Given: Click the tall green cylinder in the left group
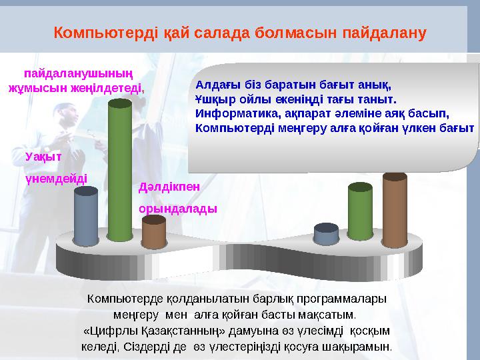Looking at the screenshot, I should pyautogui.click(x=120, y=170).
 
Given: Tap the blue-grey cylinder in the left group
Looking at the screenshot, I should pyautogui.click(x=86, y=215).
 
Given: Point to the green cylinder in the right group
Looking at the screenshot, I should pyautogui.click(x=360, y=211).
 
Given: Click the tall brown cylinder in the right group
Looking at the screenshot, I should pyautogui.click(x=395, y=208).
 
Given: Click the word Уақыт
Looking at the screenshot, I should pyautogui.click(x=43, y=156).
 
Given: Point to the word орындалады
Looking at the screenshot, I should pyautogui.click(x=177, y=209).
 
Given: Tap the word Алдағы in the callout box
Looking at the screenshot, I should pyautogui.click(x=215, y=85).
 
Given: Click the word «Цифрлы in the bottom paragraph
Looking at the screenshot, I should pyautogui.click(x=107, y=331).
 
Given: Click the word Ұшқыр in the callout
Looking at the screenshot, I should pyautogui.click(x=211, y=99).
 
